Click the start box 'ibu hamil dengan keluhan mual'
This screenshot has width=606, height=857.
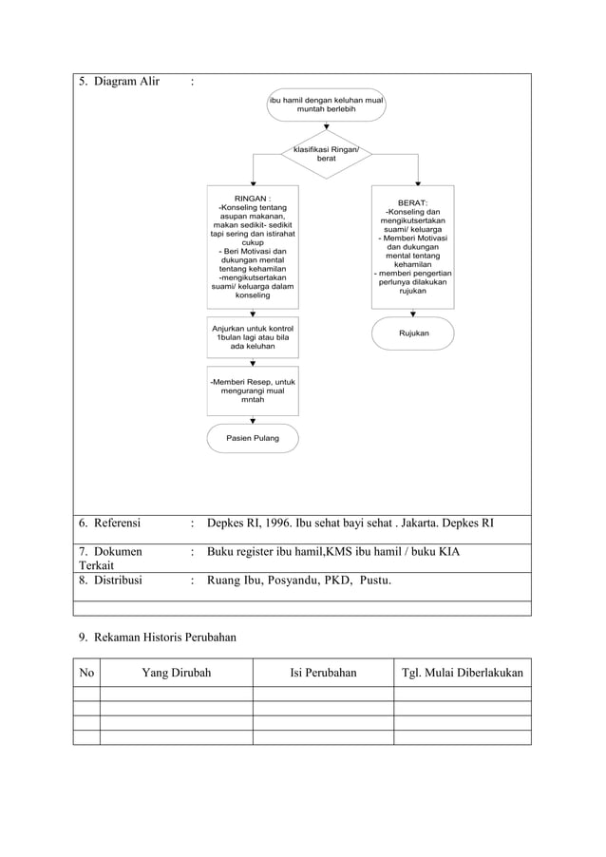click(326, 105)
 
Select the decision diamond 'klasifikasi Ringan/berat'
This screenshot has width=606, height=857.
click(326, 154)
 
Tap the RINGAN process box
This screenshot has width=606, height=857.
click(253, 247)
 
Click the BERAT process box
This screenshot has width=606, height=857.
click(412, 247)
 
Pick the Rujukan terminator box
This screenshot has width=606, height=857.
click(412, 333)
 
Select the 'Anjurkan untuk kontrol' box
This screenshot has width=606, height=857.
click(253, 337)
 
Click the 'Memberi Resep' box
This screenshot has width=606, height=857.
click(253, 390)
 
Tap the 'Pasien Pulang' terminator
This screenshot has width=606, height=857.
click(253, 439)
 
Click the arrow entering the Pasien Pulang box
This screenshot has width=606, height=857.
click(253, 420)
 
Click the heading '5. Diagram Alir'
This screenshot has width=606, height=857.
click(119, 81)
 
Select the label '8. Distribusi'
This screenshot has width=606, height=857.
click(110, 580)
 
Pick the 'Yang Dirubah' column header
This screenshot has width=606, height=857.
click(176, 673)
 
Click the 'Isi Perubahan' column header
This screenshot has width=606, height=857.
click(323, 673)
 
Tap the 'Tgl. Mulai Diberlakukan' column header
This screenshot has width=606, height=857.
click(463, 673)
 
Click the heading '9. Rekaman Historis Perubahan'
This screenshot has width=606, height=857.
click(157, 637)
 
